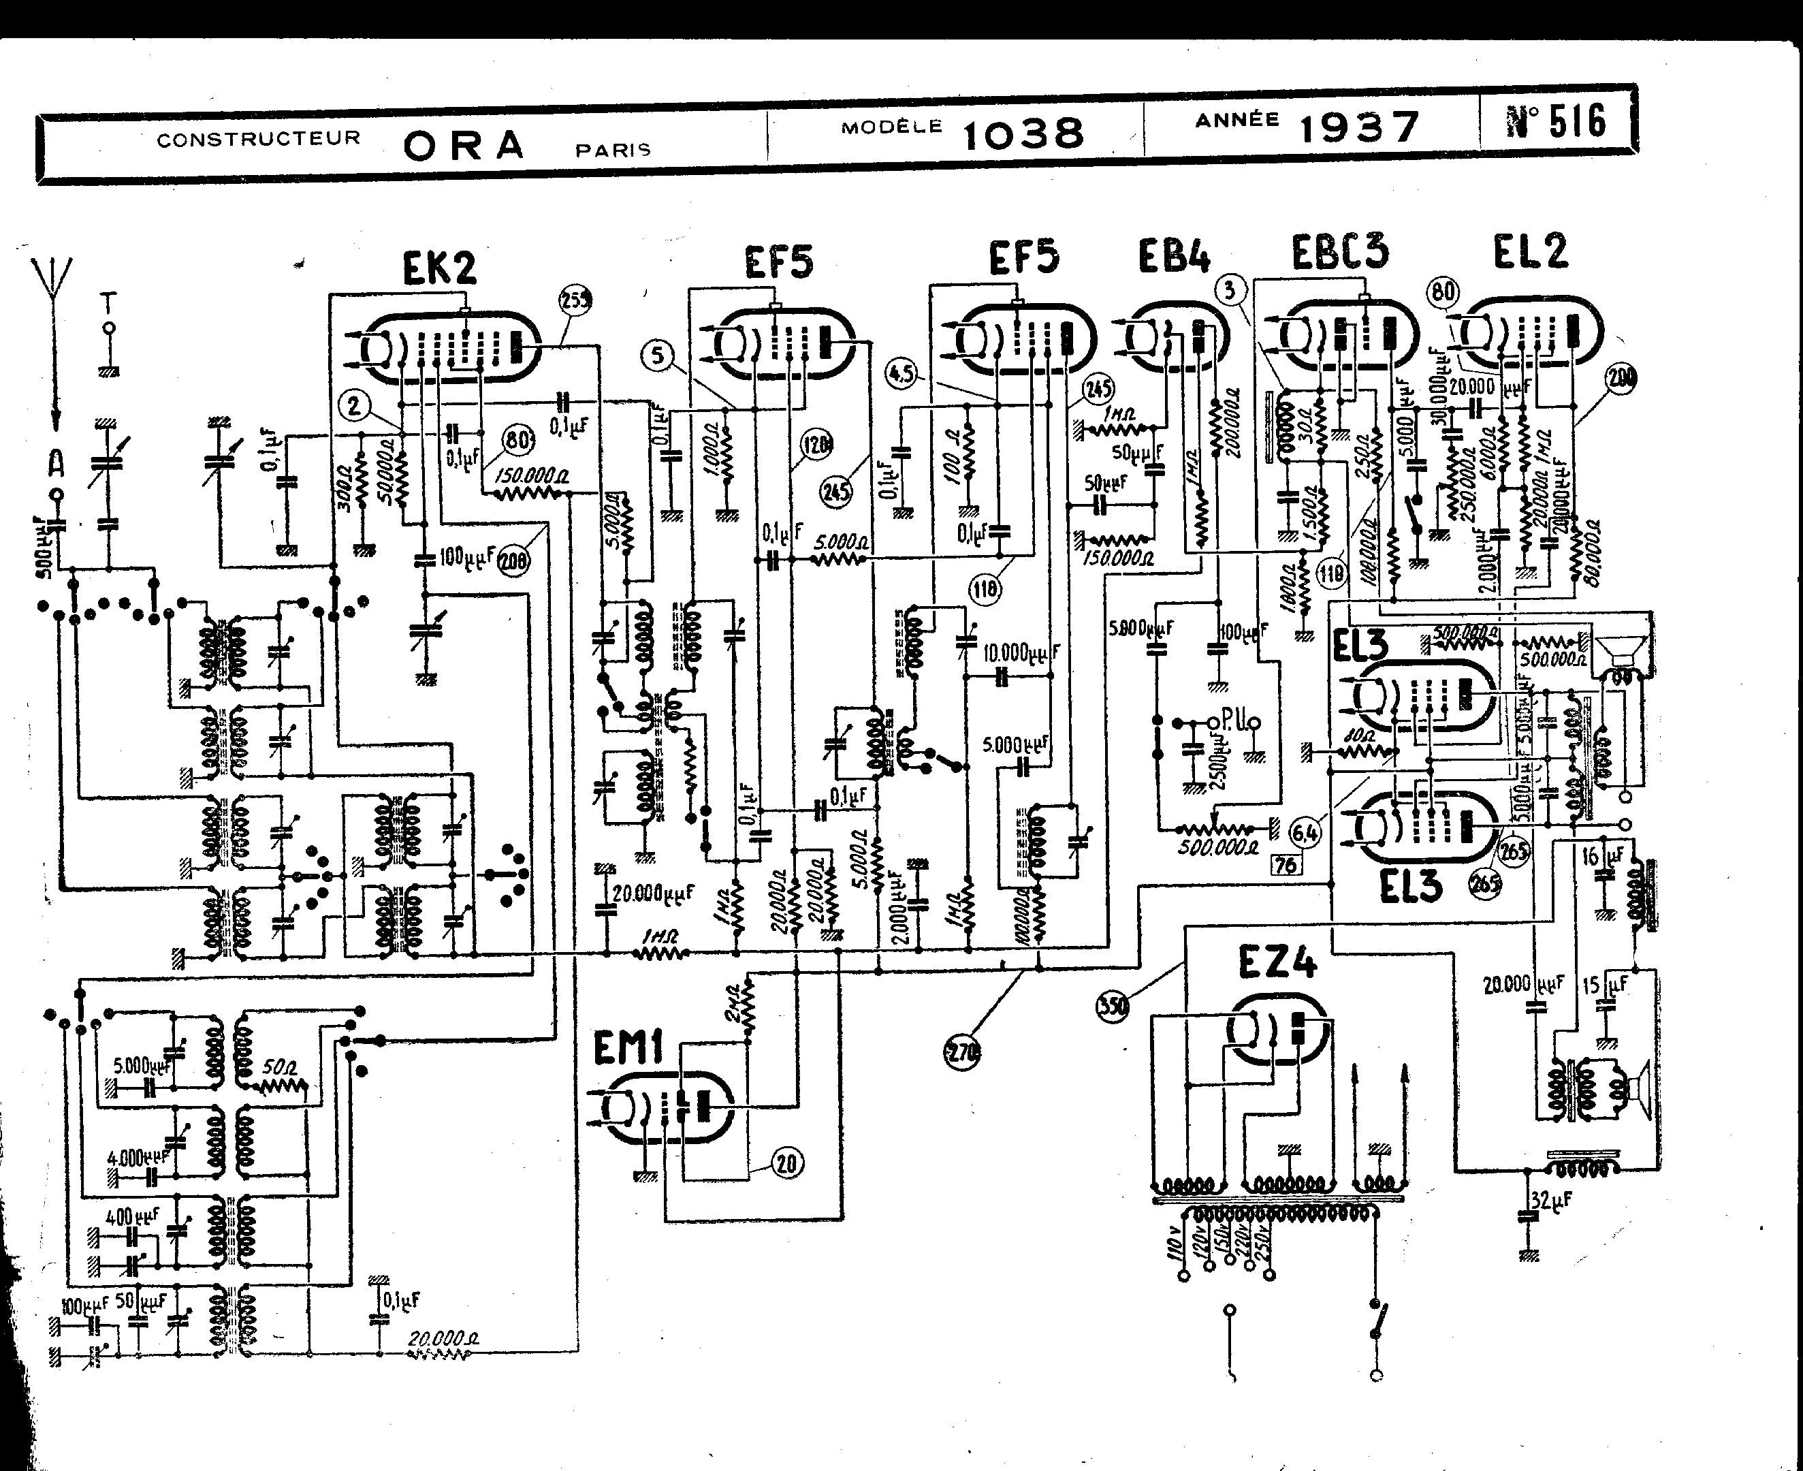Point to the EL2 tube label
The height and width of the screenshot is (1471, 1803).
coord(1530,251)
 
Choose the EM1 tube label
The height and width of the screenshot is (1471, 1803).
coord(627,1051)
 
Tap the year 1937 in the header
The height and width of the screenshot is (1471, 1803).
coord(1359,128)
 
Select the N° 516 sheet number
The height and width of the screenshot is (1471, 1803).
coord(1557,121)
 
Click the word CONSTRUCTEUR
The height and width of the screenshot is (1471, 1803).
coord(259,138)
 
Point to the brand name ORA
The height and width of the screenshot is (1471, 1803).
coord(464,146)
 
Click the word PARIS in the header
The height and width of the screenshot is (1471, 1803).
coord(613,150)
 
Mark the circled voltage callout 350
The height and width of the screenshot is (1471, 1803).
coord(1113,1007)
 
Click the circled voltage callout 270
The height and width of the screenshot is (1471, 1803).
coord(961,1052)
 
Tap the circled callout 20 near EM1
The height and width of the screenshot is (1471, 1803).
coord(787,1163)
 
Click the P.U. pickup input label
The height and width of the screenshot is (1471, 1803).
coord(1232,717)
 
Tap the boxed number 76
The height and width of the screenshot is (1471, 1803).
coord(1286,864)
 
